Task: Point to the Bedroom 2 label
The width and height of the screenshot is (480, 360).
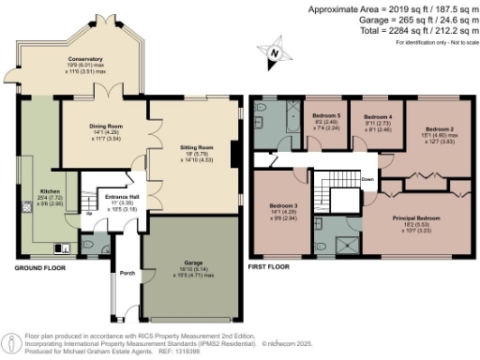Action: tap(439, 128)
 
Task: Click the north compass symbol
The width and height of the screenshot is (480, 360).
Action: tap(272, 52)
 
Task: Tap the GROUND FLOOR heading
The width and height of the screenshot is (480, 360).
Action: tap(39, 268)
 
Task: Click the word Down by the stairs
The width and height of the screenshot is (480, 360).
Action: tap(368, 178)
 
